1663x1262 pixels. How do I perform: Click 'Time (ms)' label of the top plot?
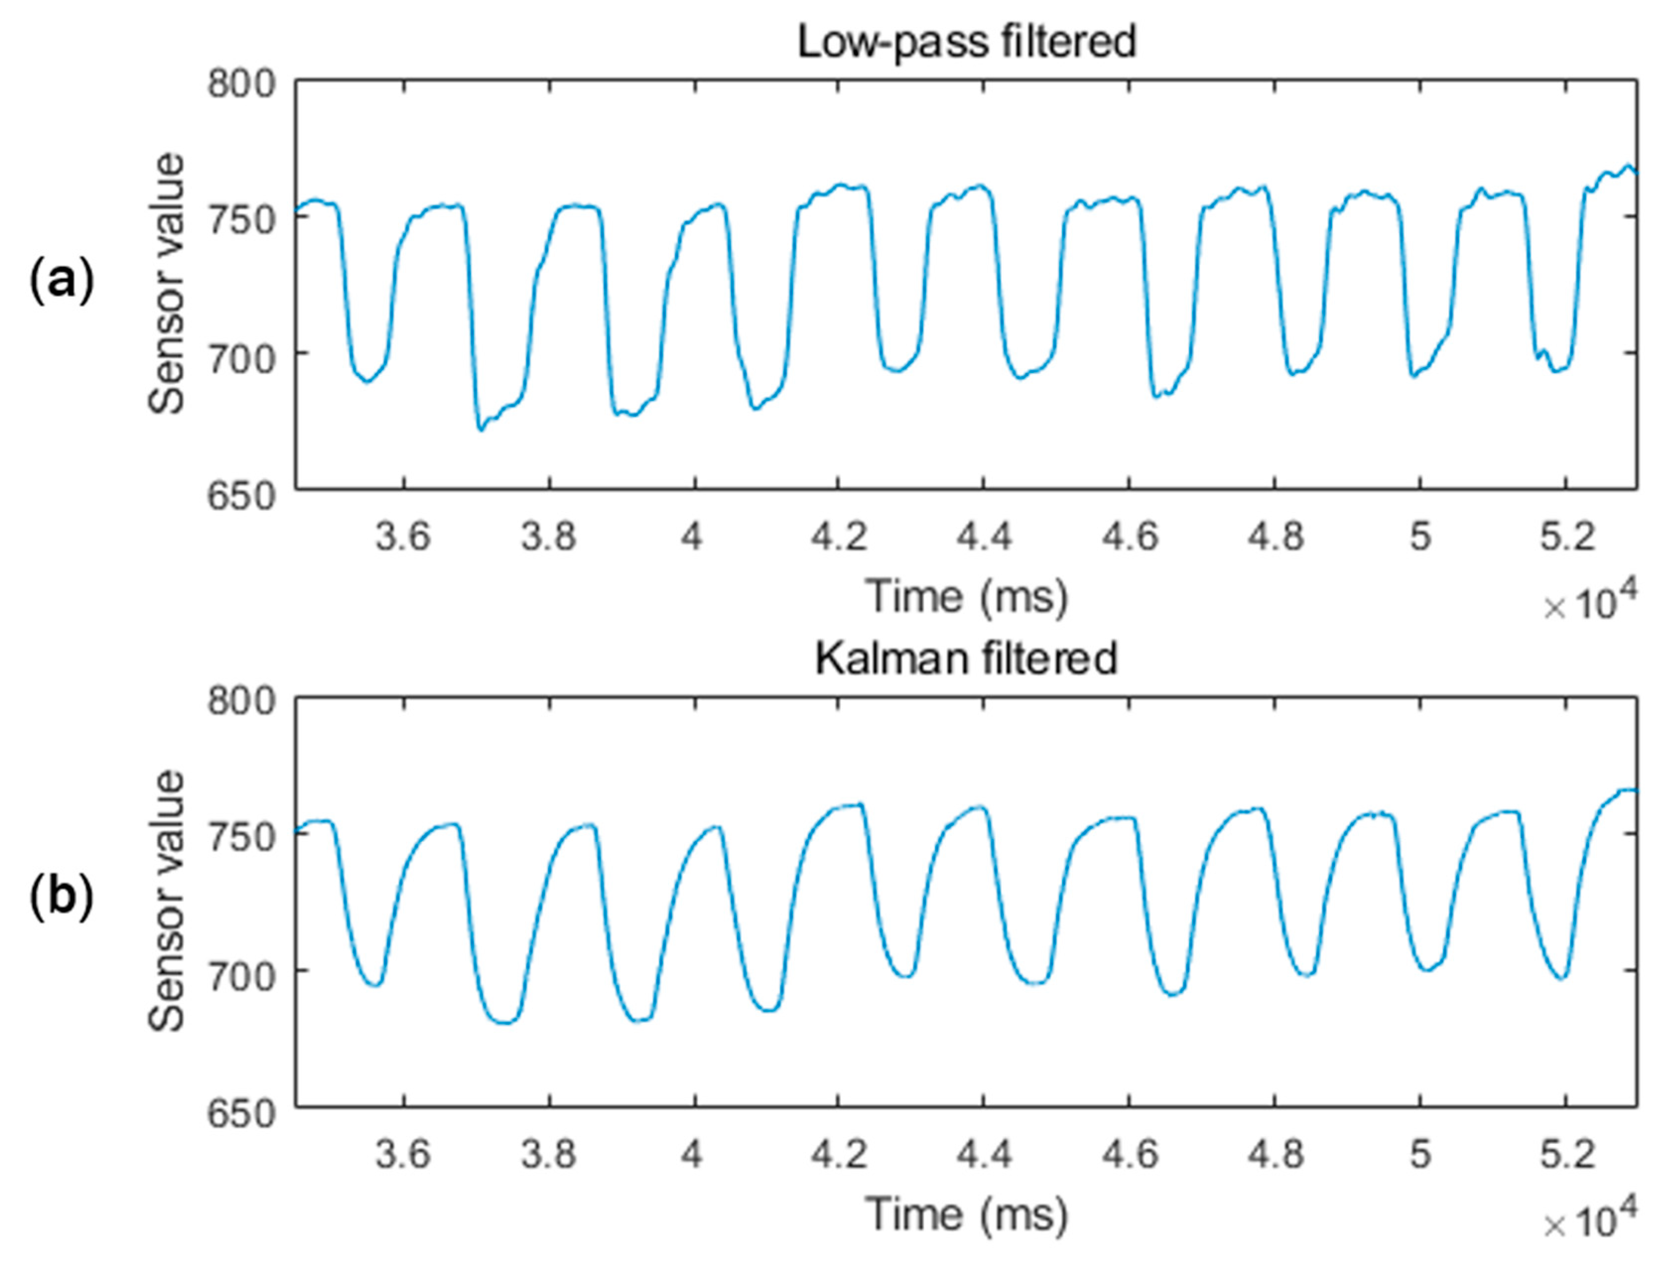point(967,597)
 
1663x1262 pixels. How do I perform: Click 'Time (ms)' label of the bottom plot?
point(967,1214)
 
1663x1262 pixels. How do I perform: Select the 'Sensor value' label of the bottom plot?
point(166,900)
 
